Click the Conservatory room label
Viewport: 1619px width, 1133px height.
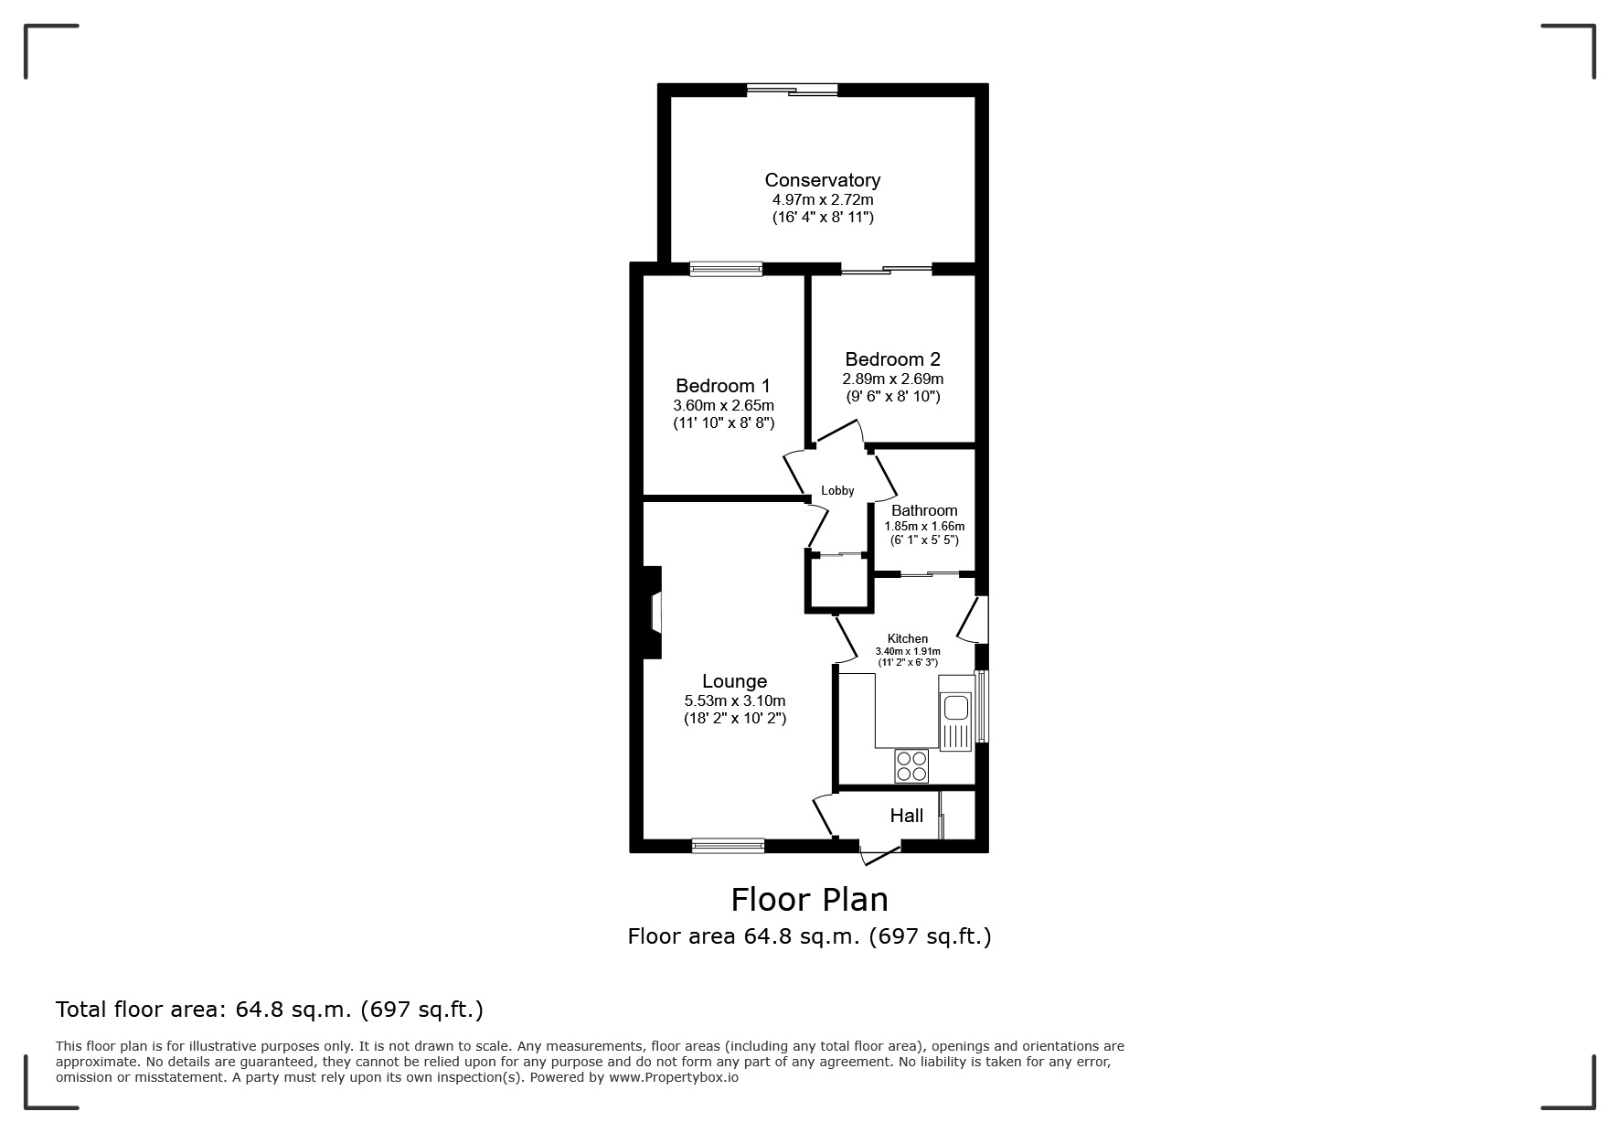822,180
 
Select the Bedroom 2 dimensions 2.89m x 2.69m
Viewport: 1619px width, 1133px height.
892,379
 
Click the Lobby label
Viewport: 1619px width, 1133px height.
836,491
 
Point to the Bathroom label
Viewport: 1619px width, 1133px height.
924,510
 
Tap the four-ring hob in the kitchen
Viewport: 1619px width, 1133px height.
911,765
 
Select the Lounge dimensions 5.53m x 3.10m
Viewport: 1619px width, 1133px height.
734,700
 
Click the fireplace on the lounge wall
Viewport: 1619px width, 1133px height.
653,612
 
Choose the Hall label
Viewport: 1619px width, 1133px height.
906,816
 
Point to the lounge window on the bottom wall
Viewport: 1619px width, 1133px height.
728,846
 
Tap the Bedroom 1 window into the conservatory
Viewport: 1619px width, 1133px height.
725,268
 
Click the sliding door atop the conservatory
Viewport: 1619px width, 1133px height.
792,90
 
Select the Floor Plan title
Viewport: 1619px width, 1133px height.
809,900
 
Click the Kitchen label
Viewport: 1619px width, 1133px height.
907,638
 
